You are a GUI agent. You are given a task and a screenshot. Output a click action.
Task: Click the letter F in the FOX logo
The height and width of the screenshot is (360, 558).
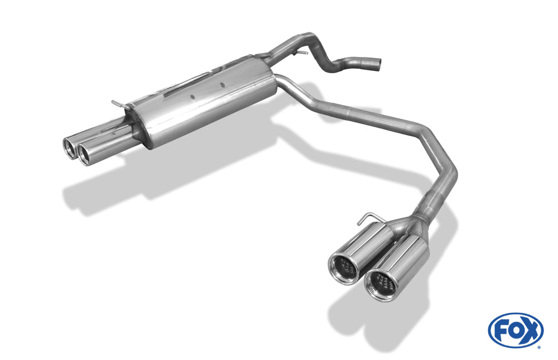coord(501,330)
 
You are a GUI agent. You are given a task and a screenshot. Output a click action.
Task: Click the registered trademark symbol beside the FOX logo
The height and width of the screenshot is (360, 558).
coord(538,347)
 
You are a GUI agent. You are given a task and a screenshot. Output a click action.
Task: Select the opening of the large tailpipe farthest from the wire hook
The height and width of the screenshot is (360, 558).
coord(379,284)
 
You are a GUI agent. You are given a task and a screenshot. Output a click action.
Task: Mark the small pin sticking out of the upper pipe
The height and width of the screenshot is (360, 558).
coord(302,53)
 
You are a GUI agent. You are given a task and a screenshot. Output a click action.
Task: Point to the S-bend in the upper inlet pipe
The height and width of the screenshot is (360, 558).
coord(329,61)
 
